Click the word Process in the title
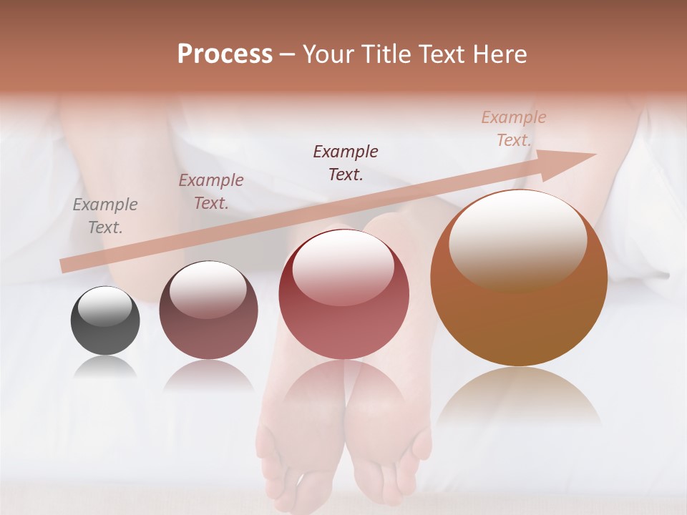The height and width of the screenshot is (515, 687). click(225, 54)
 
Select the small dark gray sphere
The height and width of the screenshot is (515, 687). click(105, 321)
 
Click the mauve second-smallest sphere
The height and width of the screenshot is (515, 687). click(208, 310)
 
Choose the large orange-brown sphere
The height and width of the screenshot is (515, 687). click(519, 279)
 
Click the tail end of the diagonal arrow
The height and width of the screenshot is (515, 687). click(64, 266)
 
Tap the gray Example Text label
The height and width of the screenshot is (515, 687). click(105, 216)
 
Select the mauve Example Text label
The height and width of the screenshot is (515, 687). click(211, 192)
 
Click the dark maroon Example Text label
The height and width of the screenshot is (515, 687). click(346, 163)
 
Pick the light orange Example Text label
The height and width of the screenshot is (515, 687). click(514, 129)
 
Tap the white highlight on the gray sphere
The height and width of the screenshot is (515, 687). click(104, 305)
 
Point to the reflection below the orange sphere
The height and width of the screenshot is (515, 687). click(519, 393)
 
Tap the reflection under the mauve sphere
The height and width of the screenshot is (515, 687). click(208, 375)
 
